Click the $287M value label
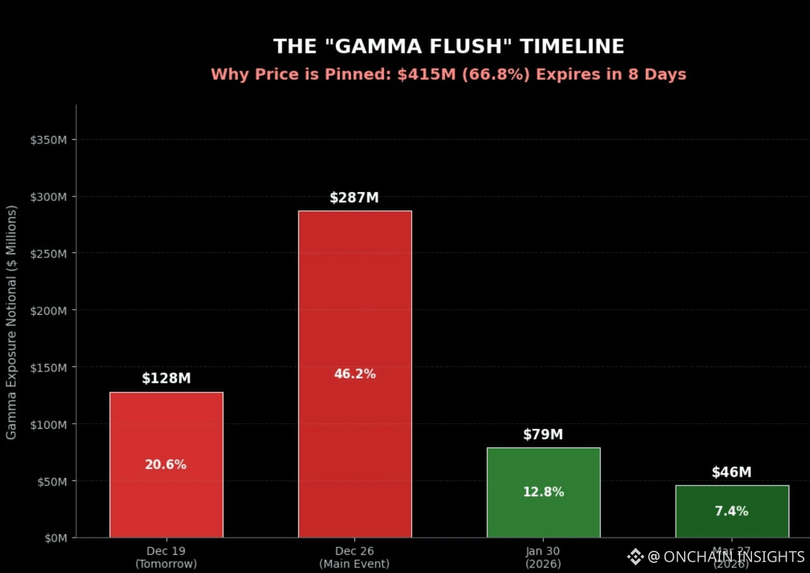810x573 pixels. (x=354, y=198)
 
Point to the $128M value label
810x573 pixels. (x=166, y=378)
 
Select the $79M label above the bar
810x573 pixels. (x=543, y=434)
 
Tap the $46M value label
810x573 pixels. (x=732, y=472)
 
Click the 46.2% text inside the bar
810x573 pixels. (x=354, y=374)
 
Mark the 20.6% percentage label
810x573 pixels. (x=166, y=465)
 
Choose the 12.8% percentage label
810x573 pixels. (x=543, y=492)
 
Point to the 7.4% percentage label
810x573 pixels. (x=731, y=511)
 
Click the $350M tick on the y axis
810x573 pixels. (x=49, y=139)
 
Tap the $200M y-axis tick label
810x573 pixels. (x=49, y=310)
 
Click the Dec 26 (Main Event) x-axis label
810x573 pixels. (x=354, y=557)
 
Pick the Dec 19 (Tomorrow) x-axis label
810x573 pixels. (x=166, y=557)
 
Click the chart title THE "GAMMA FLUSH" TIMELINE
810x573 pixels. (x=449, y=47)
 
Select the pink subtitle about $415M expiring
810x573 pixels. (x=449, y=74)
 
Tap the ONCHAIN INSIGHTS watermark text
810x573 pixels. (x=733, y=557)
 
